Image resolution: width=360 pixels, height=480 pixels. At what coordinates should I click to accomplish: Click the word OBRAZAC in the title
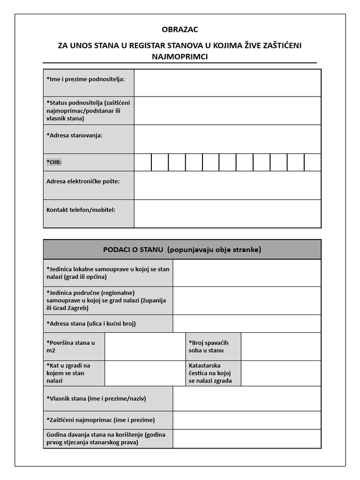180,30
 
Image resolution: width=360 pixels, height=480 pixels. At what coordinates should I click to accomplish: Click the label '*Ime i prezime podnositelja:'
86,79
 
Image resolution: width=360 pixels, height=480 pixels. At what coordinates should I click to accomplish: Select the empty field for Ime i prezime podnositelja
227,83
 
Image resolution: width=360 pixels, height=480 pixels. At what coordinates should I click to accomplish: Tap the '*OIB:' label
54,162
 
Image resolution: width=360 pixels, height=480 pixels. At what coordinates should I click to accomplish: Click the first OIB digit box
142,162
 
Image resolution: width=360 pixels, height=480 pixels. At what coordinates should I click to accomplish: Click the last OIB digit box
313,162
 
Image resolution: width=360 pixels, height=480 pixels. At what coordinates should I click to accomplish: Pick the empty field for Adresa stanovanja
227,139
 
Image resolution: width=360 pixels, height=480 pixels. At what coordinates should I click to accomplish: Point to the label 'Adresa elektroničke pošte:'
83,181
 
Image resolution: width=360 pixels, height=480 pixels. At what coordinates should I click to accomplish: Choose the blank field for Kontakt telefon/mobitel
227,214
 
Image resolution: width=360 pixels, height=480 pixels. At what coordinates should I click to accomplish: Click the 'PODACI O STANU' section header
182,249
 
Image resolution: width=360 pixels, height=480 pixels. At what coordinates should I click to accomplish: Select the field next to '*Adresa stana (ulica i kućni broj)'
247,324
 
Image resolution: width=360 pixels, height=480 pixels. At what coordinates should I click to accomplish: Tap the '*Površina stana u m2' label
71,346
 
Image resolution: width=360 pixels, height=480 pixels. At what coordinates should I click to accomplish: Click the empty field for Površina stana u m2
145,346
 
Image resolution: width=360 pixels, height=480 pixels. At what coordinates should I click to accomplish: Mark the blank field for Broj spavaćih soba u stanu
281,346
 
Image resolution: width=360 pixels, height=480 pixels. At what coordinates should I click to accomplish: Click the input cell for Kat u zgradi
145,373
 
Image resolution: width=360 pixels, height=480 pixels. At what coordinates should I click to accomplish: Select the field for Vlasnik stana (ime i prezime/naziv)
247,398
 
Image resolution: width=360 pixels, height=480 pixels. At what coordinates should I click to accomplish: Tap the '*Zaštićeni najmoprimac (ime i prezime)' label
101,420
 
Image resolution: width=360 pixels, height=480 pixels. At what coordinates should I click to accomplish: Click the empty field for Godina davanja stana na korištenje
247,439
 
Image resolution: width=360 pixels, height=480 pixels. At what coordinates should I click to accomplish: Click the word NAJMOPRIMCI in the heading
180,57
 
